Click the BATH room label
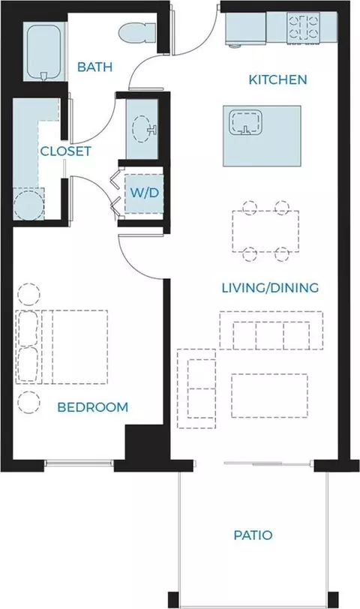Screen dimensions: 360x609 tap(94, 67)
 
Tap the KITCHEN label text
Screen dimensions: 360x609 tap(277, 79)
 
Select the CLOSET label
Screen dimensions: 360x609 tap(66, 151)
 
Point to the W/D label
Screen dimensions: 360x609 tap(145, 193)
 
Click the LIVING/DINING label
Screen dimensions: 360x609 tap(270, 288)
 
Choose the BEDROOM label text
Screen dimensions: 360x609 tap(93, 407)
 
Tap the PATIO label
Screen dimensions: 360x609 tap(253, 535)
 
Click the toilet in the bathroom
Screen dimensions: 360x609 tap(137, 33)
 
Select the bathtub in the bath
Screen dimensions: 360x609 tap(44, 52)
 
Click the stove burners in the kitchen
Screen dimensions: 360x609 tap(302, 27)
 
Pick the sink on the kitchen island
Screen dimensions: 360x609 tap(245, 123)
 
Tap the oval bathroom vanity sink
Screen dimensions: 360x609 tap(142, 128)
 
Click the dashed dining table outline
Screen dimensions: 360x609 tap(265, 231)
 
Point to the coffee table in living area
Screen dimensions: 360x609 tap(269, 395)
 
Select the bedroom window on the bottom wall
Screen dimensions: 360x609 tap(79, 463)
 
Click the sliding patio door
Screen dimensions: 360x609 tap(268, 463)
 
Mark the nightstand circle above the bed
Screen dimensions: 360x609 tap(28, 295)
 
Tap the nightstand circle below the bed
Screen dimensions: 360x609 tap(28, 402)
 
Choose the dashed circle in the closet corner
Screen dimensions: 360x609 tap(28, 204)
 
